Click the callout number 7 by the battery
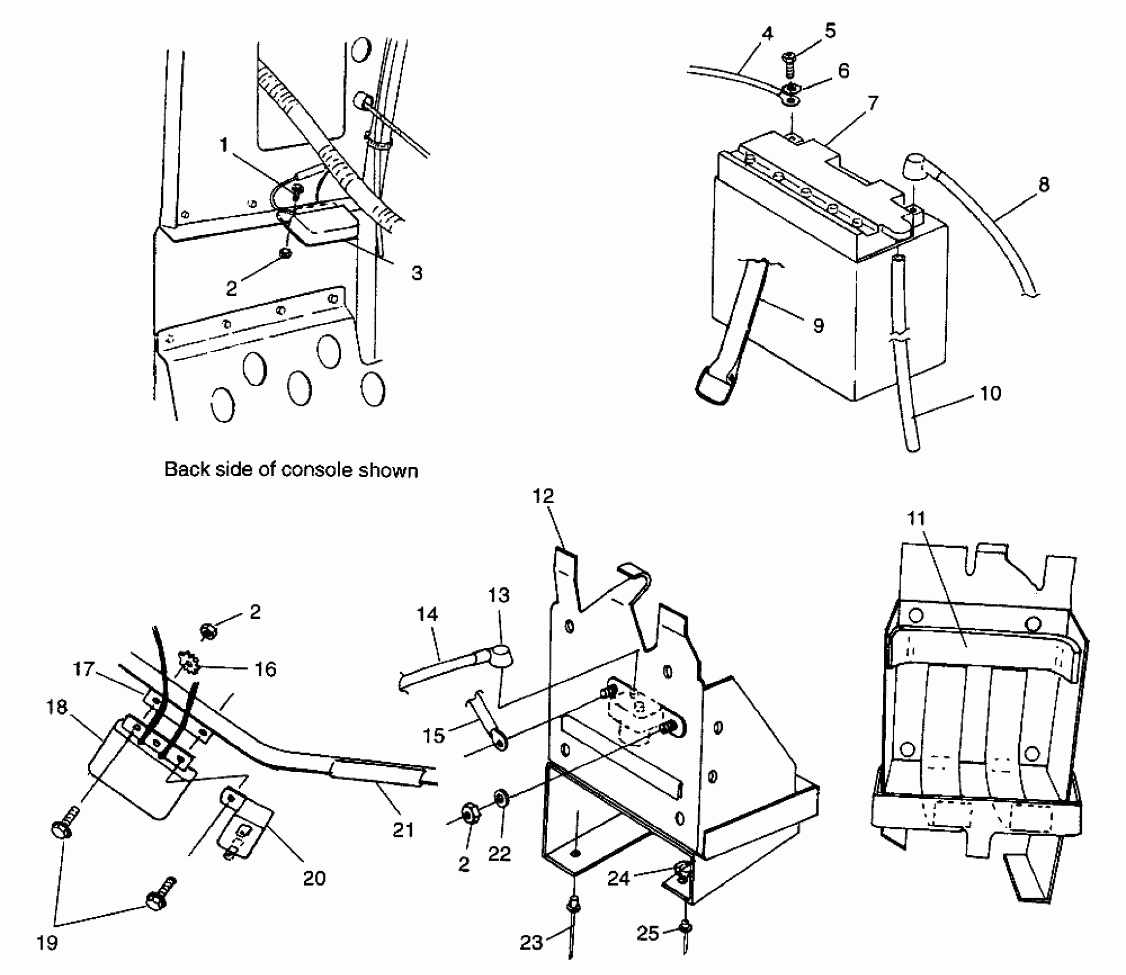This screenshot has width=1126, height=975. coord(872,103)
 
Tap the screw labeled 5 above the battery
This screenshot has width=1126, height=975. coord(789,64)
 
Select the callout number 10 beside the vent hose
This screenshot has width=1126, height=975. coord(991,393)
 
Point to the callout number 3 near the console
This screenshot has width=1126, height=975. coord(417,273)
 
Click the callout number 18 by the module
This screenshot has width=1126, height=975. coord(57,707)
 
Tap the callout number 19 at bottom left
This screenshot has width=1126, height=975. coord(47,942)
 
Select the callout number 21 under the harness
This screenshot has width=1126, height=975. coord(403,829)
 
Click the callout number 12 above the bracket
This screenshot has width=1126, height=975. coord(543,496)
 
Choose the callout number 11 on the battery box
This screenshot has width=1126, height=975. coord(917,518)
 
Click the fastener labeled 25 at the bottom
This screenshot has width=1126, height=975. coord(685,926)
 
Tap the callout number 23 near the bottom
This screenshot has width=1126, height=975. coord(531,943)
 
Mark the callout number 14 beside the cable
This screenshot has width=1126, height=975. coord(427,615)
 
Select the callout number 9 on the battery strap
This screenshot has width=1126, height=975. coord(819,325)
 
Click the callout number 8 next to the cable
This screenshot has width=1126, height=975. coord(1043,185)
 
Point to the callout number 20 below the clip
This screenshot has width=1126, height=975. coord(314,878)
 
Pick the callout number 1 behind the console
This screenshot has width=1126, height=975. coord(224,145)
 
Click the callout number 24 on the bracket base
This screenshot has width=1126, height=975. coord(619,878)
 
